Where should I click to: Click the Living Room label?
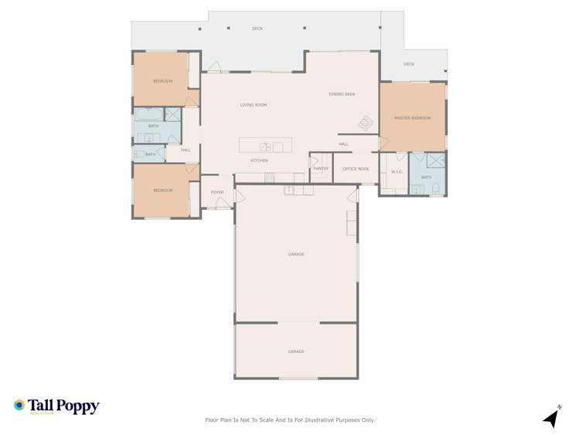click(253, 104)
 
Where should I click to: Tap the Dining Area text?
click(342, 94)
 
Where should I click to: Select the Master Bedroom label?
click(412, 118)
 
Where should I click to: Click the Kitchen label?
click(259, 160)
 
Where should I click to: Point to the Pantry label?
click(321, 169)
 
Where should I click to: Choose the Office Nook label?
click(356, 169)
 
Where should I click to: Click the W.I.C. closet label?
click(397, 172)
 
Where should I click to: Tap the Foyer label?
click(217, 192)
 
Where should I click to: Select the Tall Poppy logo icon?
click(19, 405)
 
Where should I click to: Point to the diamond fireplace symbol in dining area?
click(365, 123)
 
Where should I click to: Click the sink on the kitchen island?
click(265, 146)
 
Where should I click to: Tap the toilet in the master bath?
click(437, 187)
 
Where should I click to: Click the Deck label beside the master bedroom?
click(409, 64)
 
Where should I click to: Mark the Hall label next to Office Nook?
click(343, 144)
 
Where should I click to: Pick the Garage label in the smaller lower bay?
click(296, 351)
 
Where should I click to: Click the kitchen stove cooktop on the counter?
click(270, 178)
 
